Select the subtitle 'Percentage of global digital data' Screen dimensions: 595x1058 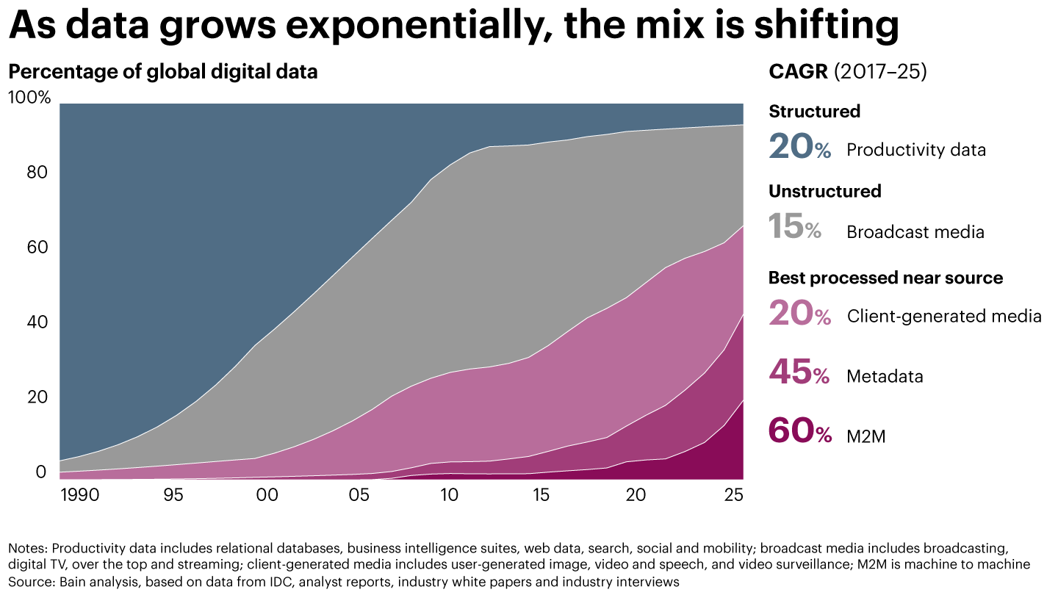click(162, 72)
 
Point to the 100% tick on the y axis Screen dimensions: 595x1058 click(29, 97)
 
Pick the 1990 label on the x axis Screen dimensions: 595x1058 click(79, 495)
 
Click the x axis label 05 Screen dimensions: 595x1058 click(359, 495)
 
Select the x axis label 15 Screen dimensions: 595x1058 click(541, 495)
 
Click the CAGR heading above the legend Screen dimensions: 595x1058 click(798, 72)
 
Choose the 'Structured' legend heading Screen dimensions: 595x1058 click(814, 112)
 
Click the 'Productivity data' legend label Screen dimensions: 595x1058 click(915, 150)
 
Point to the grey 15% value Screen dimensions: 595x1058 click(795, 227)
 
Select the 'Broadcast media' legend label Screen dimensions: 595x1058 click(915, 232)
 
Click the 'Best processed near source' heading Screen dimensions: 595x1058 click(885, 278)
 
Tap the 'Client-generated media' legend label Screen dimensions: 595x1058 click(944, 317)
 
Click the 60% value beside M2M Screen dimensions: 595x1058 click(799, 432)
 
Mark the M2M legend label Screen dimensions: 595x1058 click(866, 437)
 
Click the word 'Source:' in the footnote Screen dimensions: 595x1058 click(28, 581)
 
